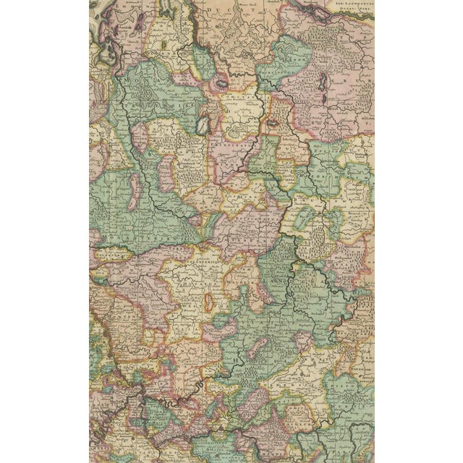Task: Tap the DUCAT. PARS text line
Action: (x=352, y=12)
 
